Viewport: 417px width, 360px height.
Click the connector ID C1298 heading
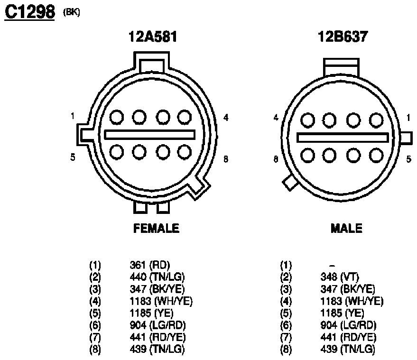pyautogui.click(x=30, y=12)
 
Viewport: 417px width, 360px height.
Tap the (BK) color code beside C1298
pyautogui.click(x=72, y=12)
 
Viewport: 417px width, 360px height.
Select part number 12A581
pyautogui.click(x=153, y=37)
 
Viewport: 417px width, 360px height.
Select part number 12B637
pyautogui.click(x=343, y=37)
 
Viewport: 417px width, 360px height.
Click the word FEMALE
pyautogui.click(x=156, y=229)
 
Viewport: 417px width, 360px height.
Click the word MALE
pyautogui.click(x=346, y=229)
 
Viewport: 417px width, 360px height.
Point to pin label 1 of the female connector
pyautogui.click(x=72, y=116)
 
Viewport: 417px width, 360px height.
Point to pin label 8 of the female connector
pyautogui.click(x=226, y=159)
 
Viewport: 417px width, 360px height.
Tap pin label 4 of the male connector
pyautogui.click(x=276, y=118)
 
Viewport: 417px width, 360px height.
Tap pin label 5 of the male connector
pyautogui.click(x=409, y=159)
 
